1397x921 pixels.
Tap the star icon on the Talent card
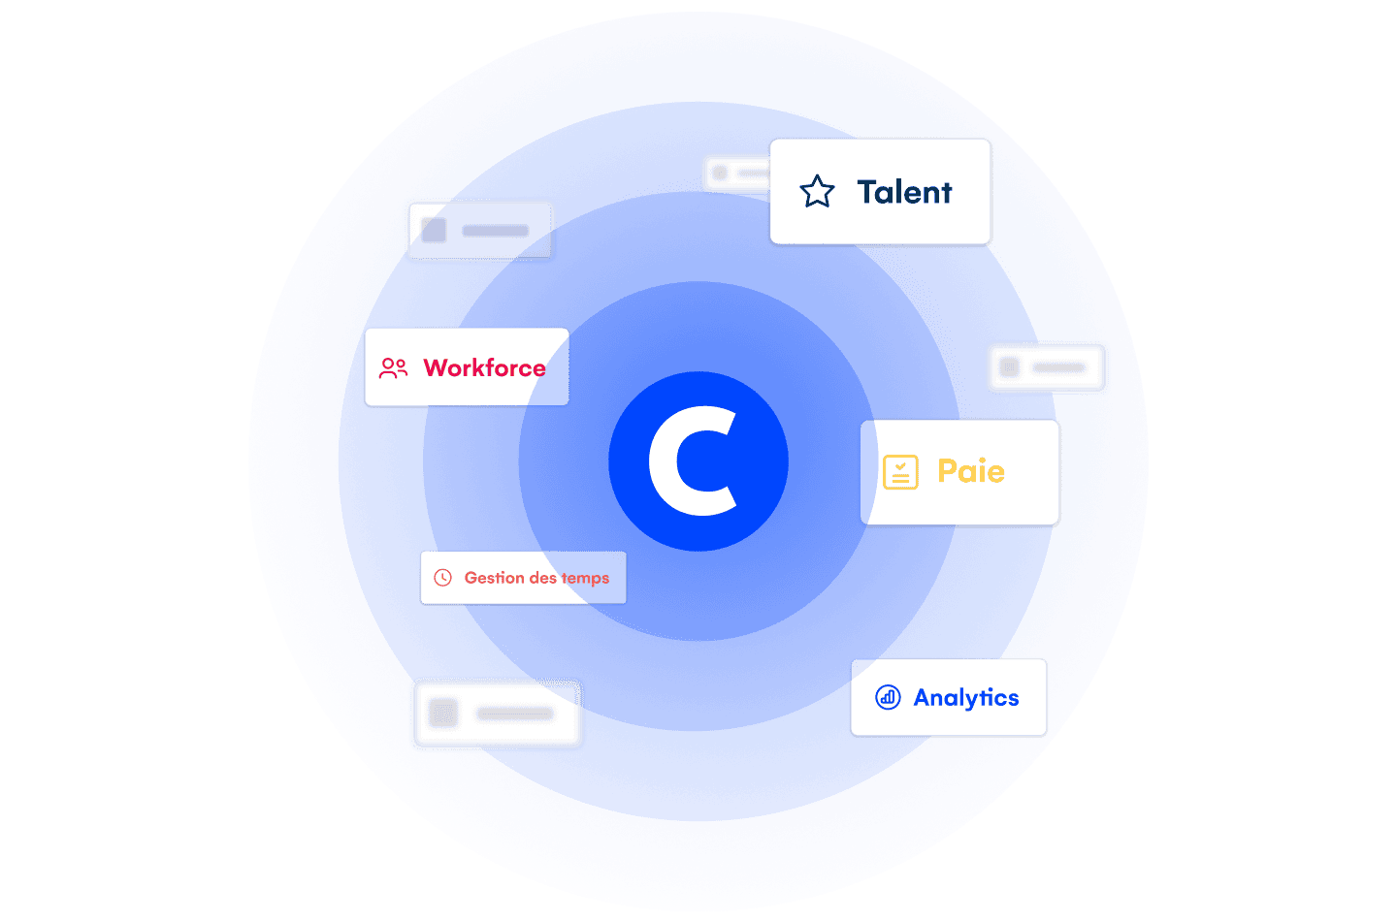[x=817, y=192]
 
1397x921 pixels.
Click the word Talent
[x=904, y=192]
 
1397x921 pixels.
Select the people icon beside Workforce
[x=393, y=368]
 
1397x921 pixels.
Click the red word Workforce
[x=484, y=368]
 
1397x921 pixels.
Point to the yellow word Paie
[x=970, y=471]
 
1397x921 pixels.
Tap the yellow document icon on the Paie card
[x=900, y=472]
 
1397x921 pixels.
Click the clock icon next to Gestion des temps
[x=443, y=578]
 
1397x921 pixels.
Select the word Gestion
[x=494, y=578]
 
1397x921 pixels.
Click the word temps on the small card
[x=585, y=579]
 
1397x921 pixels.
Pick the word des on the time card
[x=542, y=578]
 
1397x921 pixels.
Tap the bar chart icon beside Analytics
[x=888, y=697]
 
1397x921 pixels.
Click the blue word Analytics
[x=966, y=698]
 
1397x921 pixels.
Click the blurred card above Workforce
[x=480, y=231]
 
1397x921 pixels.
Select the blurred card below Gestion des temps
[x=497, y=714]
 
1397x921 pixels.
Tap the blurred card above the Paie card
[x=1046, y=367]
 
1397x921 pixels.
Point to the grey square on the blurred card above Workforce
[x=434, y=231]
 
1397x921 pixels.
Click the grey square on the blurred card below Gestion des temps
[x=443, y=714]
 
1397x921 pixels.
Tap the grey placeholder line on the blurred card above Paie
[x=1058, y=367]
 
